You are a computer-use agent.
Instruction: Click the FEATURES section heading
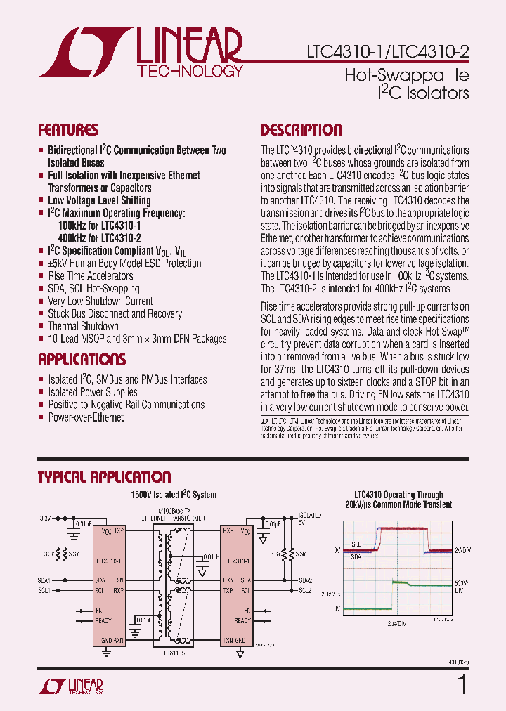click(68, 130)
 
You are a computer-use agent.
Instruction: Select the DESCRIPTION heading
click(301, 130)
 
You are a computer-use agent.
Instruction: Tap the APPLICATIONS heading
click(82, 360)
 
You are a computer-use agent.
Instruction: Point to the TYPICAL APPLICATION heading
click(104, 477)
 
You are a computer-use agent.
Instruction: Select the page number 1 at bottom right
click(462, 684)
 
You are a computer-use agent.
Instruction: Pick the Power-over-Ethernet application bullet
click(86, 417)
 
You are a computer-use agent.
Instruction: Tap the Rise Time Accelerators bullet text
click(90, 276)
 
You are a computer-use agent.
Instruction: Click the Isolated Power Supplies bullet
click(93, 392)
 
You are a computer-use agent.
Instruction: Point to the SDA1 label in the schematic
click(44, 580)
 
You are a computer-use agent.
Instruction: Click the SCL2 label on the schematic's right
click(305, 591)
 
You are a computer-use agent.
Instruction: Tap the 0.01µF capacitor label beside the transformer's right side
click(209, 556)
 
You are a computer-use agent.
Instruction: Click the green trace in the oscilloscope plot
click(365, 607)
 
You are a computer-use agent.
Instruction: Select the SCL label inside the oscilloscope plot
click(356, 543)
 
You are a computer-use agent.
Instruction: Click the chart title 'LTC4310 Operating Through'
click(398, 495)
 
